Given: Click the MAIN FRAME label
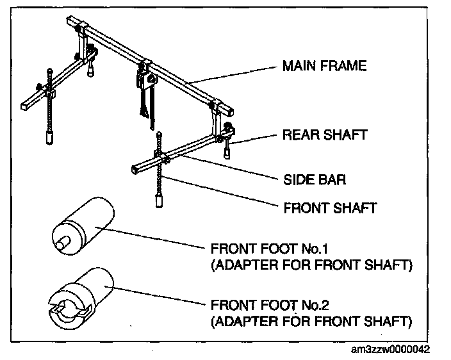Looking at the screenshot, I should (x=324, y=66).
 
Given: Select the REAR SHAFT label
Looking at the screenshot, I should (x=325, y=135).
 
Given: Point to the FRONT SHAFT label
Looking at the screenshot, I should (x=329, y=208).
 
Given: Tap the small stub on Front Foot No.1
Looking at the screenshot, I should (x=61, y=243).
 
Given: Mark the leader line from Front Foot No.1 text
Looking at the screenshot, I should (x=154, y=238).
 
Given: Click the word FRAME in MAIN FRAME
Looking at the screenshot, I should (x=347, y=66).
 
